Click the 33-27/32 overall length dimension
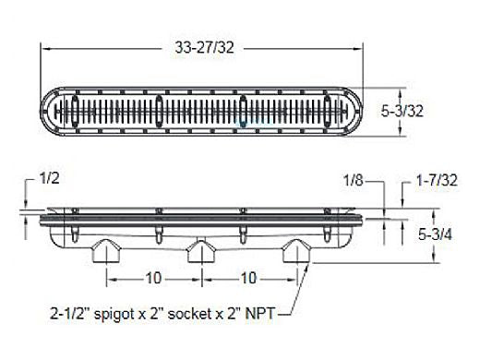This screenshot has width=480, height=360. [x=205, y=48]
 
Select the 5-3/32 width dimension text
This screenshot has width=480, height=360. [x=402, y=111]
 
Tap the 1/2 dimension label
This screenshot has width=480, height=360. [x=49, y=178]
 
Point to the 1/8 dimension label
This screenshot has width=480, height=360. [x=353, y=180]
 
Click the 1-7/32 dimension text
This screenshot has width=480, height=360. [x=437, y=180]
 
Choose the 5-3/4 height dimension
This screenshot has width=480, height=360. [x=435, y=235]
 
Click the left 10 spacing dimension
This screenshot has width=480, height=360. [x=153, y=279]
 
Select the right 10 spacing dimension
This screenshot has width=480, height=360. [x=248, y=279]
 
